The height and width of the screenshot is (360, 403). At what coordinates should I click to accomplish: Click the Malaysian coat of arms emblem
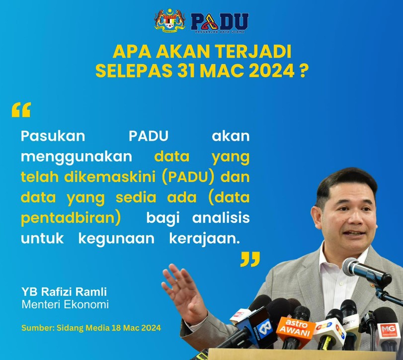169,20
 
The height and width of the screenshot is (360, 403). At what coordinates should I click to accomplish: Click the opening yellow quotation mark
21,110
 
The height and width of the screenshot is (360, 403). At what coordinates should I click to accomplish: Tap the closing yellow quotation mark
250,259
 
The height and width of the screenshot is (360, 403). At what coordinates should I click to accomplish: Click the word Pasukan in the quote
53,136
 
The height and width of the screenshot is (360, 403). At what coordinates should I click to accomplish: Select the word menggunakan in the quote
77,157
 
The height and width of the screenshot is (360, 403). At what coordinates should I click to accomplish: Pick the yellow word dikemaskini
110,177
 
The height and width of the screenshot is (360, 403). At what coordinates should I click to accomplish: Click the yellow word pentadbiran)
71,218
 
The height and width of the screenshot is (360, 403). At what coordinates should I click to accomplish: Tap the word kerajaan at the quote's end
205,239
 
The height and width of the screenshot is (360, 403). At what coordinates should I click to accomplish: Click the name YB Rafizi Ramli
64,292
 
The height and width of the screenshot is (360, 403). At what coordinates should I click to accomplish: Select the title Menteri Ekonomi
65,304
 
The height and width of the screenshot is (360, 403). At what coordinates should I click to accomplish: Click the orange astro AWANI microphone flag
296,329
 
